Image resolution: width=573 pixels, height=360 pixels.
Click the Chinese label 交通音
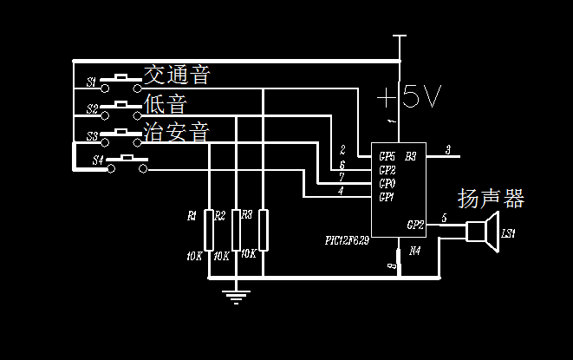pyautogui.click(x=177, y=75)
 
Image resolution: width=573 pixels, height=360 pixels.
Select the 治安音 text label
pyautogui.click(x=177, y=133)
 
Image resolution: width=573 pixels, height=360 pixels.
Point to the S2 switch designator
pyautogui.click(x=92, y=108)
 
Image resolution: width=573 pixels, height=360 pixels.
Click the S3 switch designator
pyautogui.click(x=92, y=136)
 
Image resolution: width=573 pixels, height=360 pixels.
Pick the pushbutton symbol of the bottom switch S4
pyautogui.click(x=127, y=161)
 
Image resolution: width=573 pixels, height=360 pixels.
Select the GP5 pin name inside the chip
pyautogui.click(x=387, y=156)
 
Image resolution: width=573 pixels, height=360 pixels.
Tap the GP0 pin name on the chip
pyautogui.click(x=387, y=184)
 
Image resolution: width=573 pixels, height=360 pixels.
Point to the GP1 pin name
pyautogui.click(x=387, y=197)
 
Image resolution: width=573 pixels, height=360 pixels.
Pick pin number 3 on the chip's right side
pyautogui.click(x=448, y=150)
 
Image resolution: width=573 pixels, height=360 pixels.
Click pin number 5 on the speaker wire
pyautogui.click(x=444, y=219)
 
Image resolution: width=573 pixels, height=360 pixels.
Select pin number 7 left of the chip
pyautogui.click(x=342, y=177)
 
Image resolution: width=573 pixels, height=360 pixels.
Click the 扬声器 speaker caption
pyautogui.click(x=491, y=199)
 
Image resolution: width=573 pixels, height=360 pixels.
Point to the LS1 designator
pyautogui.click(x=508, y=234)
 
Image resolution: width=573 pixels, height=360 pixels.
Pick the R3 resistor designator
pyautogui.click(x=247, y=214)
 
